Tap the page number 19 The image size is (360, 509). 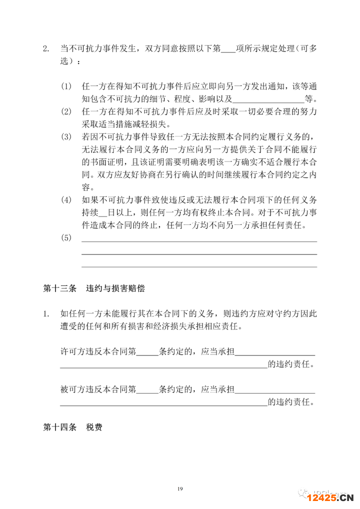point(180,488)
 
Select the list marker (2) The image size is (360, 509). point(66,110)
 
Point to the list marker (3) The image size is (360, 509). point(66,136)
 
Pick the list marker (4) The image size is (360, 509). point(66,200)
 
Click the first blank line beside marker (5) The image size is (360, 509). point(198,241)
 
